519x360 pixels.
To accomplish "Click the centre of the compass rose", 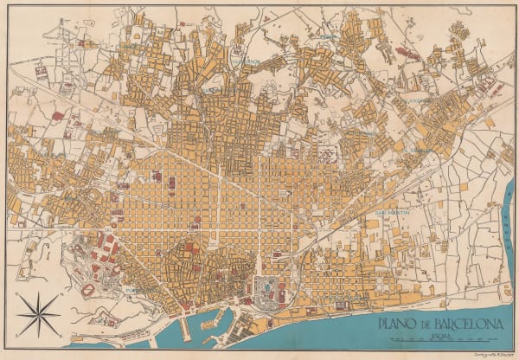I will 38,314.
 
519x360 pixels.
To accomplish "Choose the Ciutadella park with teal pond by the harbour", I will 272,290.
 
